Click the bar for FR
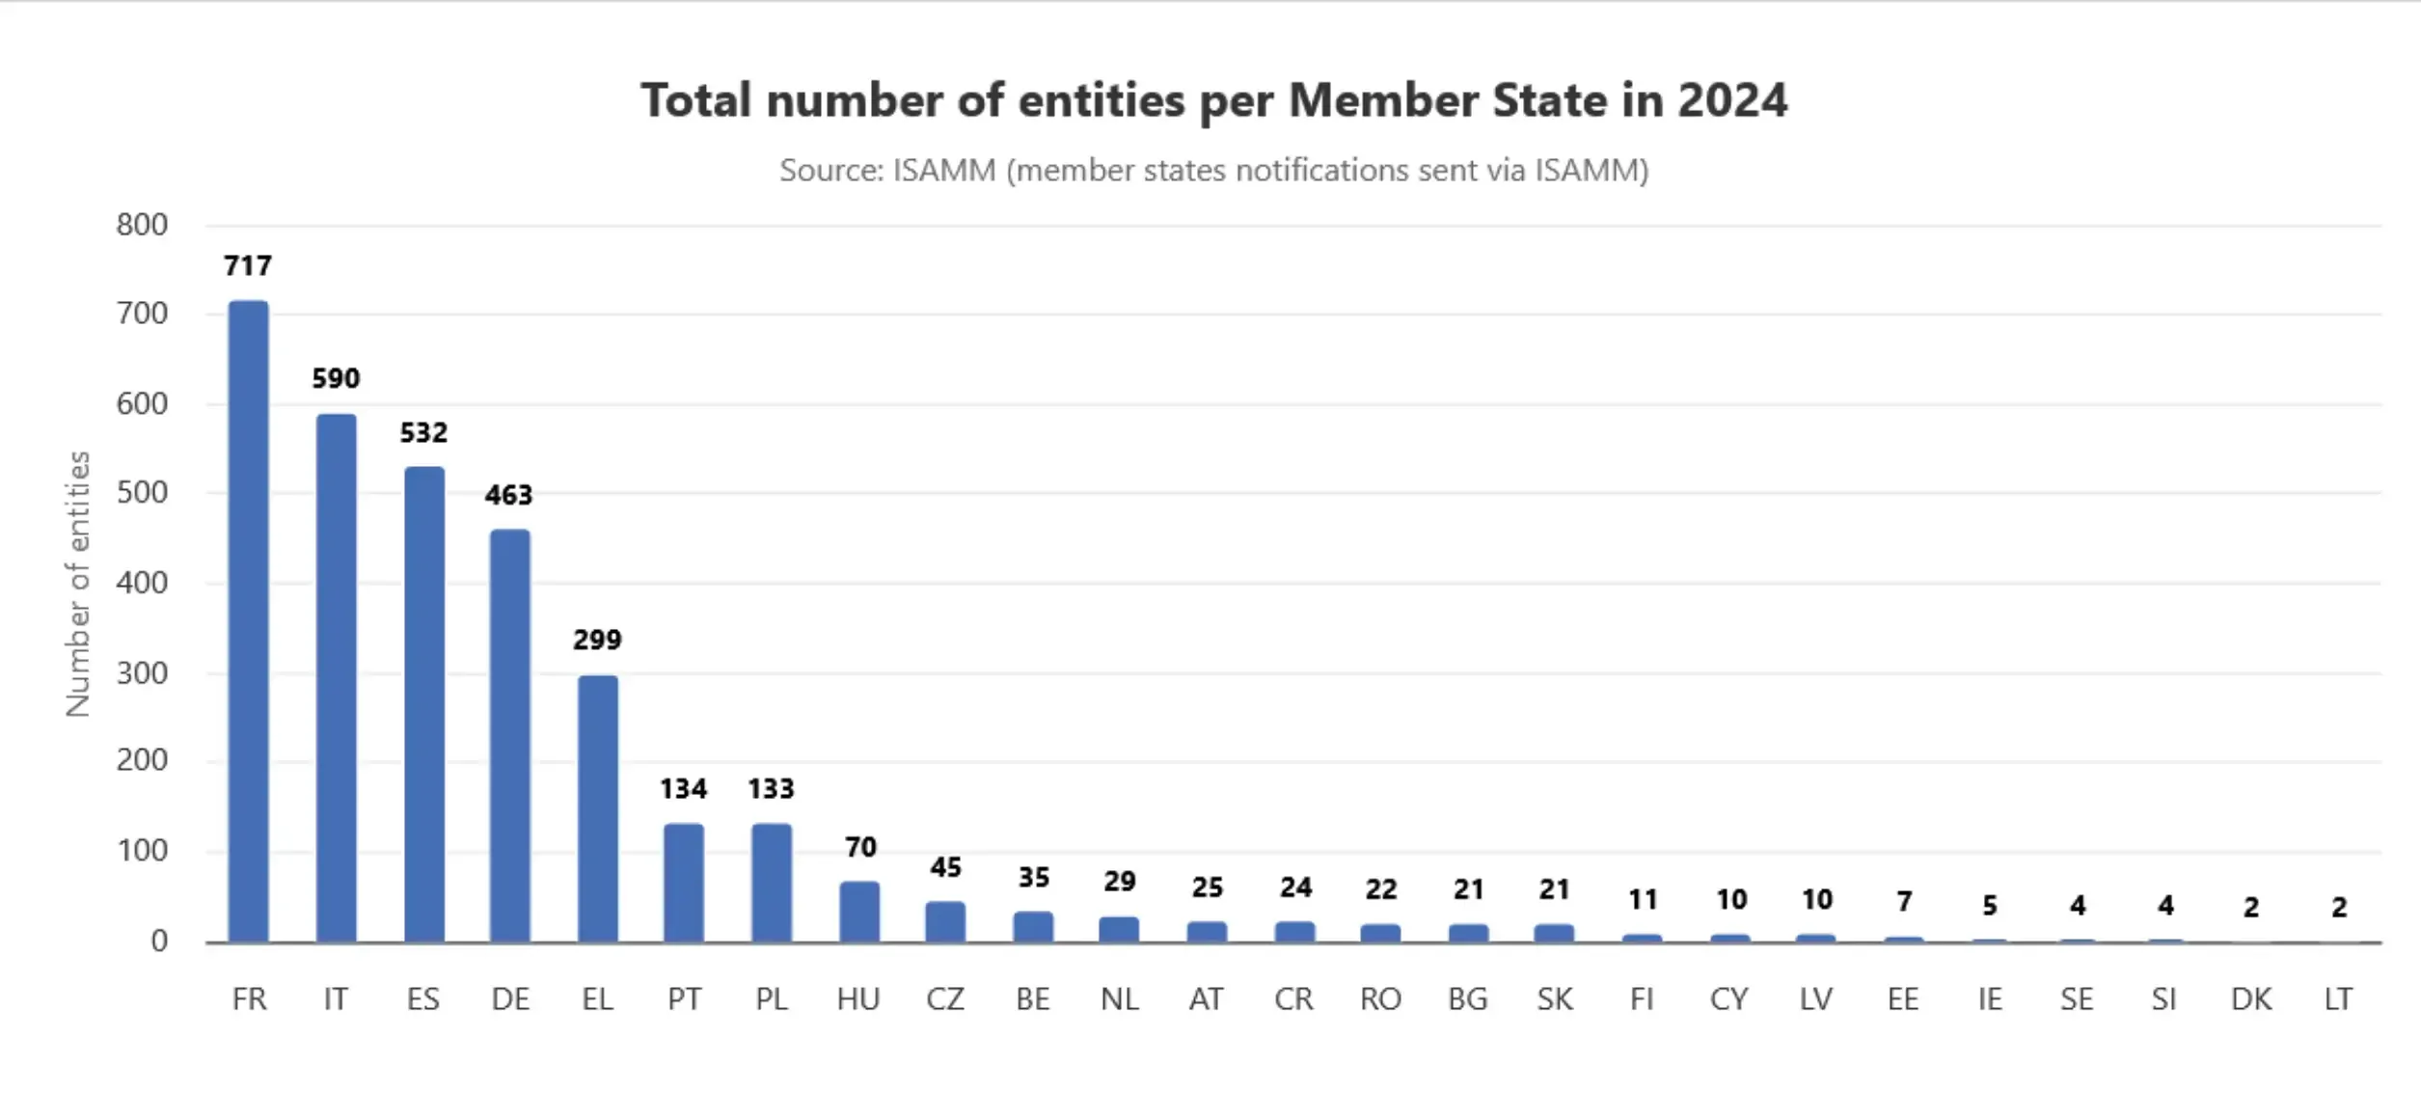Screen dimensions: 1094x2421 (x=248, y=622)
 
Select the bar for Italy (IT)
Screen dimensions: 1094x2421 (x=336, y=678)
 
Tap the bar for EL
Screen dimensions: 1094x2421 (x=597, y=808)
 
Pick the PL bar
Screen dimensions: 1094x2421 (x=771, y=883)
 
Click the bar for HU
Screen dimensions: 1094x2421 (x=858, y=912)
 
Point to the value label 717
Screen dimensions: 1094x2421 (x=248, y=265)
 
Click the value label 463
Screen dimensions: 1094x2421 (x=508, y=495)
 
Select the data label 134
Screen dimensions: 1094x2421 (x=683, y=789)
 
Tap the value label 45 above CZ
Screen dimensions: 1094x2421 (x=945, y=867)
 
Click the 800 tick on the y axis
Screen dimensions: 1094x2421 (x=142, y=225)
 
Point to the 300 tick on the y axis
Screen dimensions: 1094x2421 (x=142, y=673)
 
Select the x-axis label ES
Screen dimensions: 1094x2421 (x=422, y=999)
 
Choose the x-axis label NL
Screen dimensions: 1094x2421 (x=1119, y=999)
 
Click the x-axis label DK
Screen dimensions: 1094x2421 (x=2250, y=999)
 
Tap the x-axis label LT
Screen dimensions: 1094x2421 (x=2338, y=999)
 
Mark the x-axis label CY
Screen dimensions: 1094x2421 (x=1728, y=999)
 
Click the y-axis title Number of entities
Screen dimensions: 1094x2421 (x=77, y=584)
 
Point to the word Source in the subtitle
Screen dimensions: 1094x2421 (x=830, y=171)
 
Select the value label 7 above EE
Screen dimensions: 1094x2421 (x=1903, y=902)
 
